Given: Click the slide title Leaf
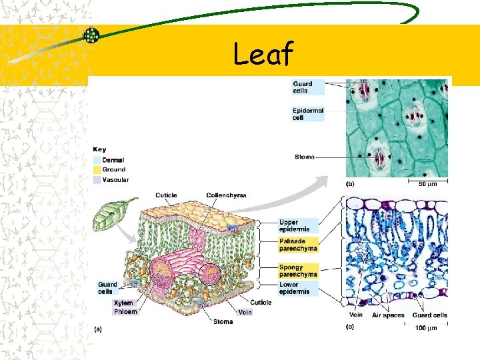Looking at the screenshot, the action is point(263,54).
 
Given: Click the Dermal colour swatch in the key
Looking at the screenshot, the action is point(97,161).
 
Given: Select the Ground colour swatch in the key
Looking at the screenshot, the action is point(97,170).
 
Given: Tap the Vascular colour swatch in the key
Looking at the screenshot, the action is point(97,180).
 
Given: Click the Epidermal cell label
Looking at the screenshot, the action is point(307,114).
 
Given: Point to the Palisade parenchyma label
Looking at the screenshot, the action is point(298,245).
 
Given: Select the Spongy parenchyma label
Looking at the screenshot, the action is point(298,271).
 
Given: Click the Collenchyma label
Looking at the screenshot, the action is point(226,195).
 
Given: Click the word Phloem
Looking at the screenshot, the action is point(125,311).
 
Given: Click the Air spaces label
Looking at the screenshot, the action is point(388,315).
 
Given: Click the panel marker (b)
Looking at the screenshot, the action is point(350,183).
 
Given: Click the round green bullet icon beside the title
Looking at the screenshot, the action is point(91,36).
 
